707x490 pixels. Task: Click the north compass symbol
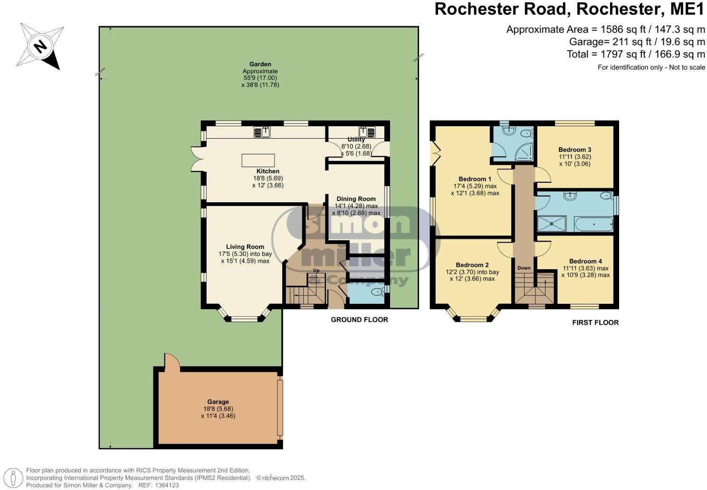pyautogui.click(x=41, y=47)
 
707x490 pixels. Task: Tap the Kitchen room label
pyautogui.click(x=268, y=171)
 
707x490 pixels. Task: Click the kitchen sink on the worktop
pyautogui.click(x=262, y=132)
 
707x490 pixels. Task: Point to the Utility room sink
pyautogui.click(x=367, y=132)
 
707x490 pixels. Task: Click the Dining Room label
pyautogui.click(x=356, y=199)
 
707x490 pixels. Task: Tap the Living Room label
pyautogui.click(x=245, y=247)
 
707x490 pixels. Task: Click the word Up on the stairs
pyautogui.click(x=316, y=271)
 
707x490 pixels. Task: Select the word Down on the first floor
pyautogui.click(x=524, y=268)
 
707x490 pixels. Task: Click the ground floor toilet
pyautogui.click(x=377, y=292)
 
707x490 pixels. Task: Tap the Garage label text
pyautogui.click(x=218, y=402)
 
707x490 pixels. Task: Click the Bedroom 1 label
pyautogui.click(x=475, y=179)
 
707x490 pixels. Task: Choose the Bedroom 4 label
pyautogui.click(x=585, y=261)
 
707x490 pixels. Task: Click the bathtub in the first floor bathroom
pyautogui.click(x=593, y=224)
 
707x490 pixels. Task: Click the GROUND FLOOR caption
pyautogui.click(x=359, y=320)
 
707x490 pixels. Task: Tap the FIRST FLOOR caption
pyautogui.click(x=595, y=323)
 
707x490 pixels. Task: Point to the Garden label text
pyautogui.click(x=260, y=64)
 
